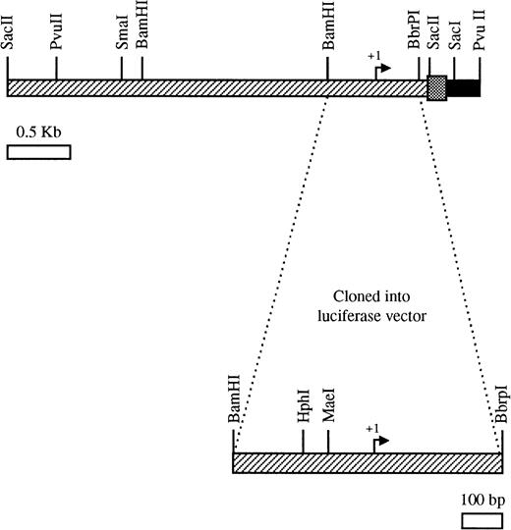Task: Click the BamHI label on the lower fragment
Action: (234, 402)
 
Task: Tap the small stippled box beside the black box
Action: (436, 88)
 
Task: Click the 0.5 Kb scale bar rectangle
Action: (38, 152)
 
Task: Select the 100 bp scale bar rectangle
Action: (479, 516)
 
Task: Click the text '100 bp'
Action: (480, 494)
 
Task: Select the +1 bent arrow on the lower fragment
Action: (380, 441)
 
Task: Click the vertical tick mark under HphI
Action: (303, 441)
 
